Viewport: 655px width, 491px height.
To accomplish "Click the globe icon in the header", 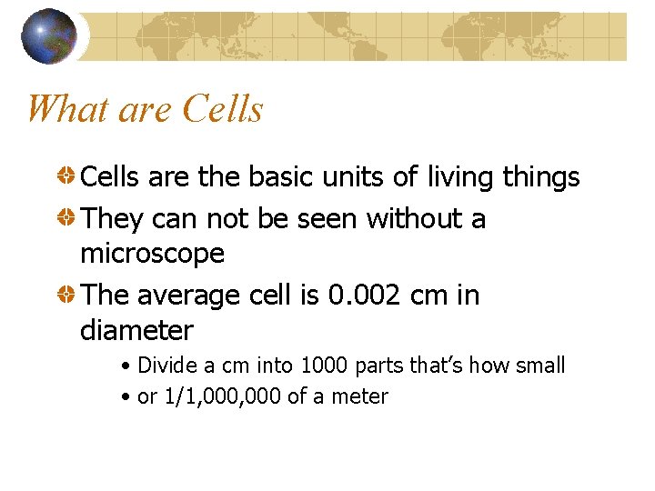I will coord(48,35).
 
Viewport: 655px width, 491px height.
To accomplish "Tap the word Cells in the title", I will coord(222,110).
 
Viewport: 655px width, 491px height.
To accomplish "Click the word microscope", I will coord(152,254).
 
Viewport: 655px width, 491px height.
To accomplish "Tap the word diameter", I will coord(136,330).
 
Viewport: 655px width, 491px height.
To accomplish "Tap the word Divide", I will coord(167,366).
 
